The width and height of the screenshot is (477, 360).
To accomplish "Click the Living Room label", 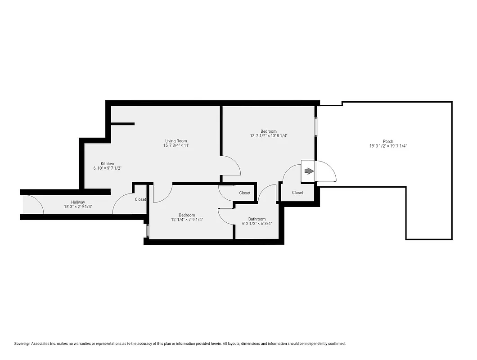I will (x=175, y=141).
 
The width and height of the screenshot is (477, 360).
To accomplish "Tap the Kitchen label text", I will (x=107, y=163).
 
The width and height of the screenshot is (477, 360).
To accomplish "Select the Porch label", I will (x=388, y=141).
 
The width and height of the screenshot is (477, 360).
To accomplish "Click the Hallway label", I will (x=78, y=202).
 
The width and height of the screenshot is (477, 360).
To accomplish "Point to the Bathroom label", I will (x=257, y=219).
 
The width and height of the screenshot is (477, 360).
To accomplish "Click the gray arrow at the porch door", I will (x=309, y=171).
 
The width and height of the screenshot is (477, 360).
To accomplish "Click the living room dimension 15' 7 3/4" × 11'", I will (x=175, y=145).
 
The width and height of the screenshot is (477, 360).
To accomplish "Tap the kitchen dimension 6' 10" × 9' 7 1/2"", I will (x=107, y=168).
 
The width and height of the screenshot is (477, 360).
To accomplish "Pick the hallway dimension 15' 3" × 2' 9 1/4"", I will (x=78, y=207).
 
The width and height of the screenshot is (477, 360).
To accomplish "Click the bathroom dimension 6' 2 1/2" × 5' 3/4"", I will (x=257, y=224).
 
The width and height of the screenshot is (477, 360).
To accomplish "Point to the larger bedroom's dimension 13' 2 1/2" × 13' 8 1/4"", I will (x=269, y=135).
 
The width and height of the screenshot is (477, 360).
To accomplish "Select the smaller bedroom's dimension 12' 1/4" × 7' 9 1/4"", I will (x=187, y=220).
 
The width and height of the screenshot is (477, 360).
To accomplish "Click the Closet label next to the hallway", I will (x=140, y=199).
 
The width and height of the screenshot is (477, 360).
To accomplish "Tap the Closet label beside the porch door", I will (x=297, y=193).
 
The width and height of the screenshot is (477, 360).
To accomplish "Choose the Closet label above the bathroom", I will (x=245, y=193).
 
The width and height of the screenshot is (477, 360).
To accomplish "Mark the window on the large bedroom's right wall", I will (x=316, y=127).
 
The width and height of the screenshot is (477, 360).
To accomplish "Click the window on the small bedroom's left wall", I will (x=147, y=231).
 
